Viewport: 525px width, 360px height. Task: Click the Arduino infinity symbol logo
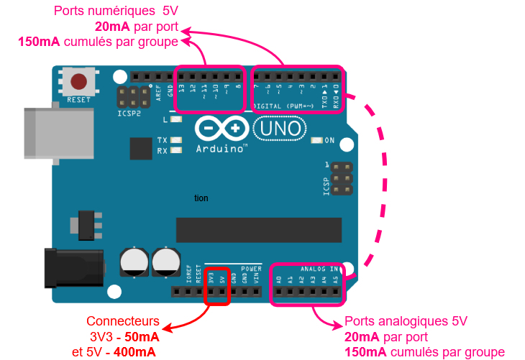click(222, 128)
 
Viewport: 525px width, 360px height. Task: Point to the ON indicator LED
click(316, 140)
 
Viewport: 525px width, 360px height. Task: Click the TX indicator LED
click(175, 140)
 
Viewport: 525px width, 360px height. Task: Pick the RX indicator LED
click(175, 151)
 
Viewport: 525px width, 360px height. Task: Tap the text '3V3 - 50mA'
click(123, 336)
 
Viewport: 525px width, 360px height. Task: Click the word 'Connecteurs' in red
click(123, 321)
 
